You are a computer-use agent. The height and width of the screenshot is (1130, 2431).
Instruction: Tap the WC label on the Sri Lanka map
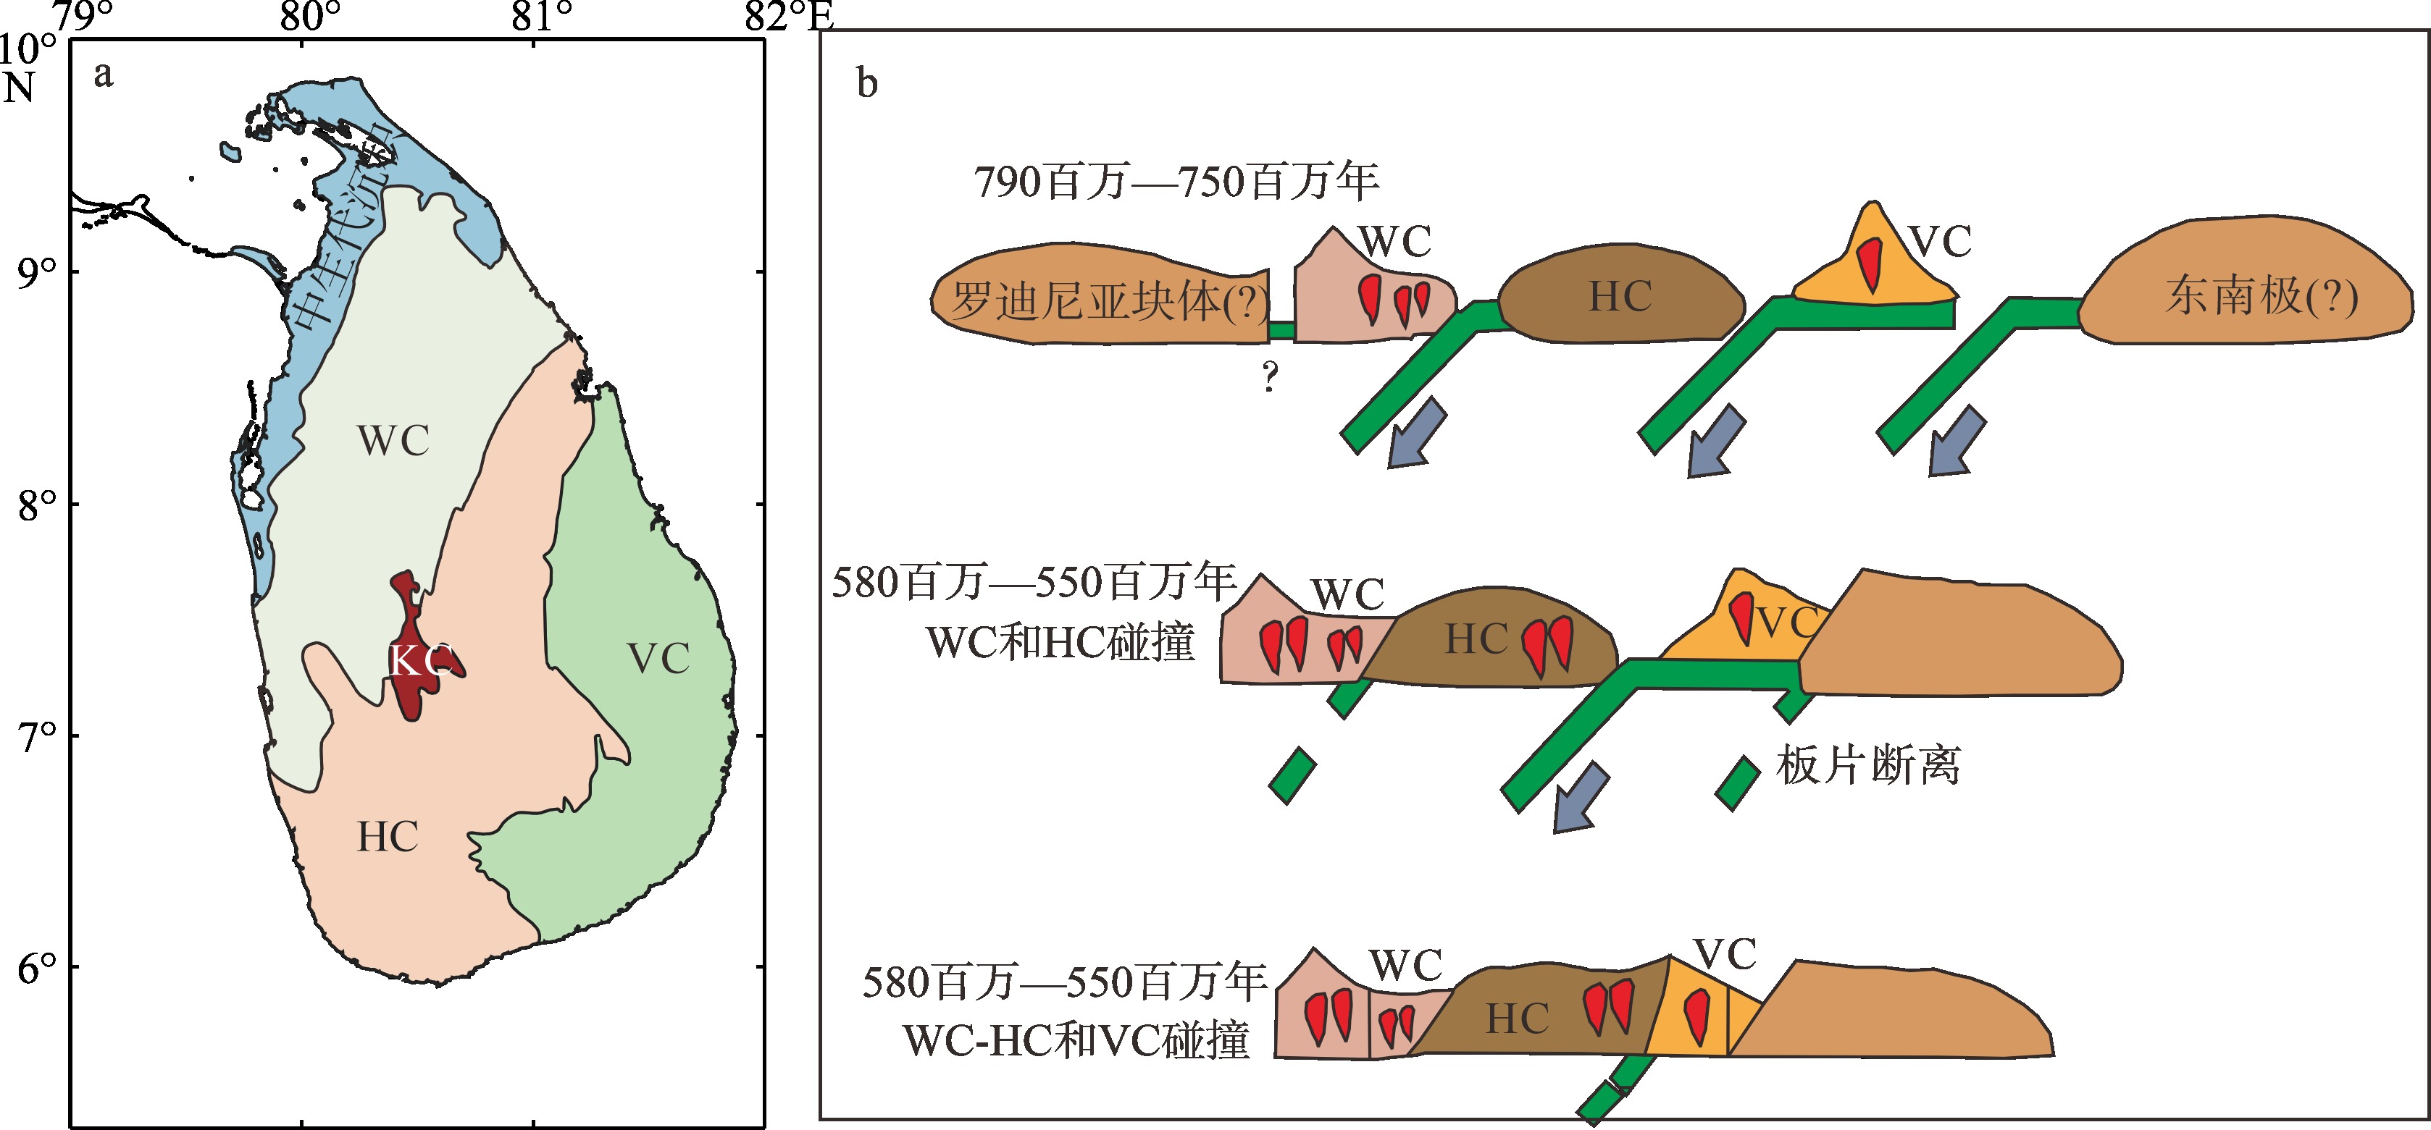(393, 441)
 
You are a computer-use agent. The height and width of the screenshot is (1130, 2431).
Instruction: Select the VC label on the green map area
(658, 658)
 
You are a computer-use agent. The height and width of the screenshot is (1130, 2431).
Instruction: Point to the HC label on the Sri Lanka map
(387, 837)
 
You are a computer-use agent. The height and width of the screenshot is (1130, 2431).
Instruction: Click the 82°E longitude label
(789, 16)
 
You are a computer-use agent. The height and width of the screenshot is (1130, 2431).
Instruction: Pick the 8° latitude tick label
(37, 505)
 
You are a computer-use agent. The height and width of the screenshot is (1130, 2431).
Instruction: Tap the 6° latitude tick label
(37, 968)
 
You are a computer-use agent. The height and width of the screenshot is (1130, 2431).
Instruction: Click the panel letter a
(103, 75)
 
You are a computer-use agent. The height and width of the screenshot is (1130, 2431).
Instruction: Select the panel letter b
(866, 83)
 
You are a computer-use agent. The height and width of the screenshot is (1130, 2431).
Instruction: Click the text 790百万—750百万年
(1176, 181)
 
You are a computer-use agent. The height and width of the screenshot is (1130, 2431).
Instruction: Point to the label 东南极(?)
(2261, 296)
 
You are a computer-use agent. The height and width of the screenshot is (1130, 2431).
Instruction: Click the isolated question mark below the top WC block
(1271, 376)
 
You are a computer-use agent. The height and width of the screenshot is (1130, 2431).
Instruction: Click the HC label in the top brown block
(1620, 296)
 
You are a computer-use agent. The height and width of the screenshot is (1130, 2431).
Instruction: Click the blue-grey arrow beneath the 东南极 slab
(1957, 442)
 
